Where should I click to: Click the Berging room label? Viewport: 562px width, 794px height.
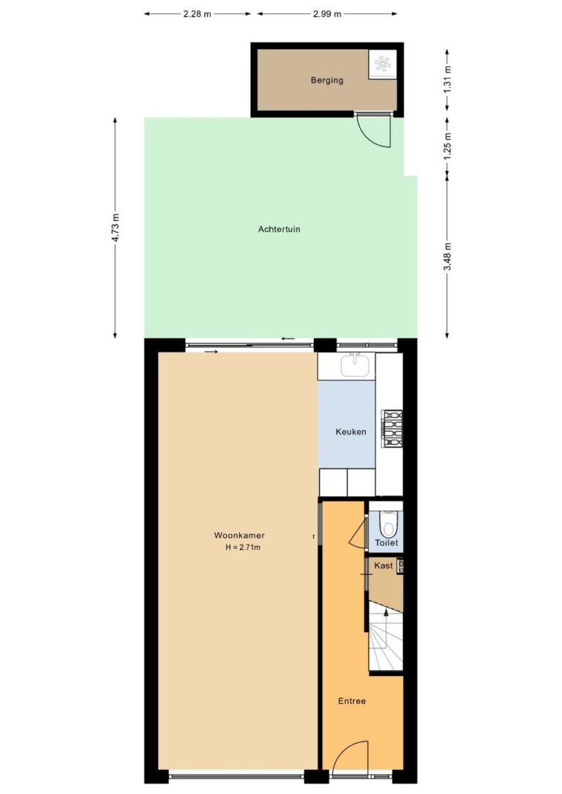[326, 80]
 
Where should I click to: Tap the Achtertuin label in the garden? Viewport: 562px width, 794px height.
[279, 229]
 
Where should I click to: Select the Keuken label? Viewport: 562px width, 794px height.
[351, 432]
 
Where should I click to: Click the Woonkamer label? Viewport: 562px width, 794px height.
[239, 535]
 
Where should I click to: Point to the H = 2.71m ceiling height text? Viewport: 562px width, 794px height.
[243, 547]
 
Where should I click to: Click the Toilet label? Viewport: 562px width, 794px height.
[386, 543]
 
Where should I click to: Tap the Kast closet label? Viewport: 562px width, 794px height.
[383, 566]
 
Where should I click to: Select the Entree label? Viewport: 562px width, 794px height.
[352, 701]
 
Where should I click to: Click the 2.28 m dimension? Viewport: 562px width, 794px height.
[197, 14]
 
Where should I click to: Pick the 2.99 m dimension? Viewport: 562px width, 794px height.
[326, 14]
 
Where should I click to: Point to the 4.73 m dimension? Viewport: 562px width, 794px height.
[116, 228]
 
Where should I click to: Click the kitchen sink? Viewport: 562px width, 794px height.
[355, 366]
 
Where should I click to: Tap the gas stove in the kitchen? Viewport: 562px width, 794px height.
[392, 429]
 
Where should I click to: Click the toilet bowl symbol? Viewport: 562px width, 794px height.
[389, 525]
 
